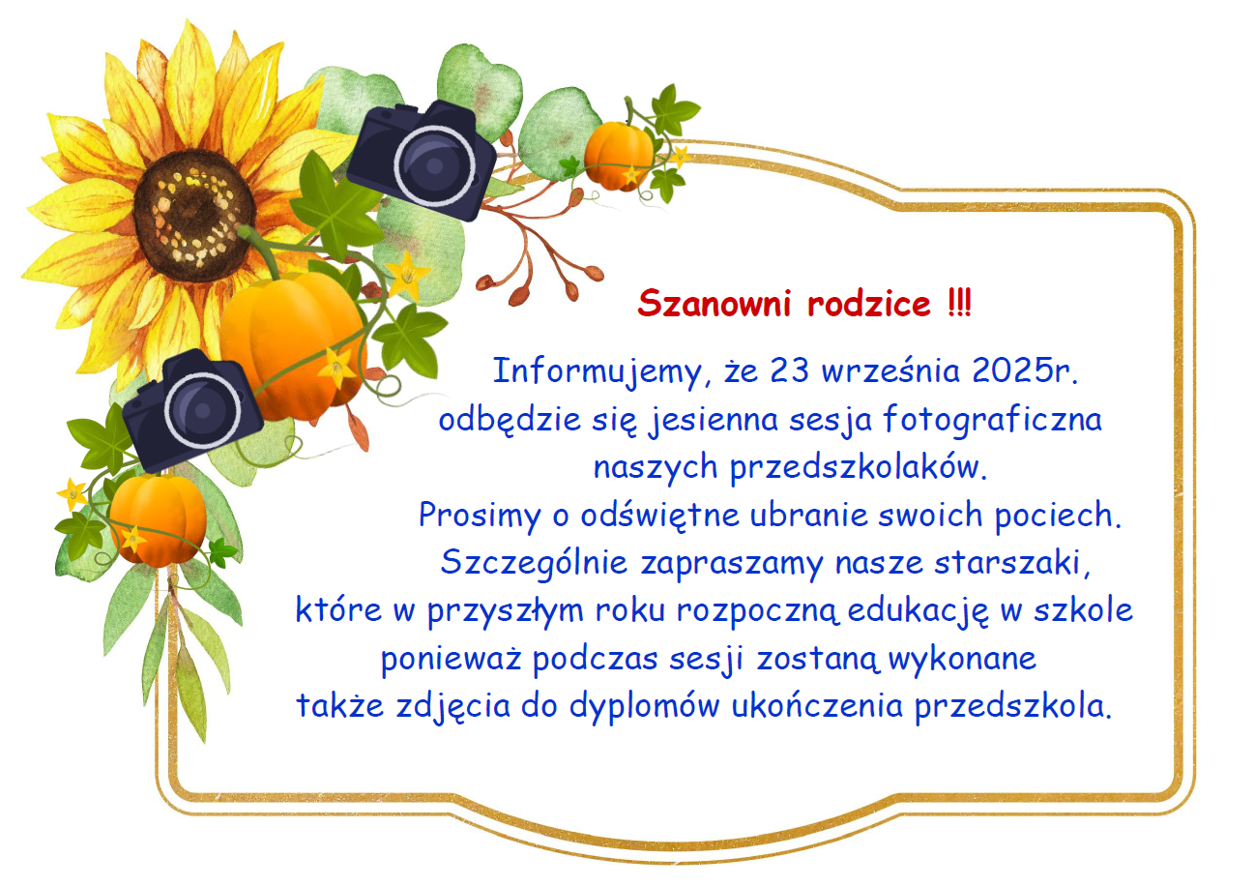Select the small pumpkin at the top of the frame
point(619,154)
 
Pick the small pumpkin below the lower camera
point(158,518)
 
